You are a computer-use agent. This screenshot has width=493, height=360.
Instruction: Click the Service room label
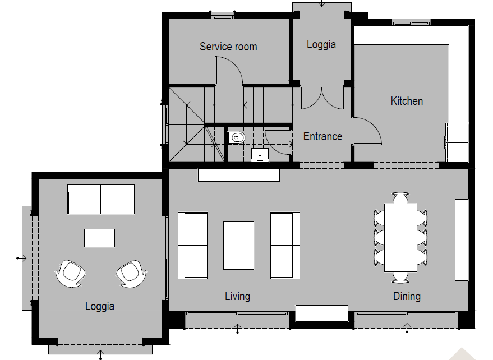[228, 47]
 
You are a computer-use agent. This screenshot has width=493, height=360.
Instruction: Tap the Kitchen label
[407, 101]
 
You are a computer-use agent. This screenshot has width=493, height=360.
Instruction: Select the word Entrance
[322, 136]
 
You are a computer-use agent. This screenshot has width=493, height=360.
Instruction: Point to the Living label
[237, 296]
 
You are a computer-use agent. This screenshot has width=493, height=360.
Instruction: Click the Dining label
[407, 296]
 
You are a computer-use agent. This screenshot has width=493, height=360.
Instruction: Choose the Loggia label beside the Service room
[321, 44]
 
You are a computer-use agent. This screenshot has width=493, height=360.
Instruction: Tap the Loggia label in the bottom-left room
[100, 306]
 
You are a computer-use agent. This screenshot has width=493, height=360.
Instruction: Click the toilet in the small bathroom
[237, 136]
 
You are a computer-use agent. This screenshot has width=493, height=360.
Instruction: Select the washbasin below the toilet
[260, 155]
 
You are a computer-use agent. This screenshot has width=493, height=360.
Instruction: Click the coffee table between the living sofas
[238, 246]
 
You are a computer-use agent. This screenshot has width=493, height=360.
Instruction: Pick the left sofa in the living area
[192, 245]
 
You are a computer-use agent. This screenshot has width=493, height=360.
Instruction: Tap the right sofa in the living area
[285, 245]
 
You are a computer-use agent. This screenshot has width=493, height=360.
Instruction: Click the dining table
[400, 238]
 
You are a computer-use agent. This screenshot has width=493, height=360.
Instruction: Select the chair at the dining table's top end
[400, 197]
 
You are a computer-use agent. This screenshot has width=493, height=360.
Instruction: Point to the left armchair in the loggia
[70, 273]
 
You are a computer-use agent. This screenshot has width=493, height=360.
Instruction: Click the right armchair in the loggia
[131, 273]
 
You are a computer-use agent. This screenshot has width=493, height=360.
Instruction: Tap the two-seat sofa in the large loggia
[101, 200]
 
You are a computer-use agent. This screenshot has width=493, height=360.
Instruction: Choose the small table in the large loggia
[100, 238]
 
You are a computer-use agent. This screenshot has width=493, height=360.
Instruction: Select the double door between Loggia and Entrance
[321, 98]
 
